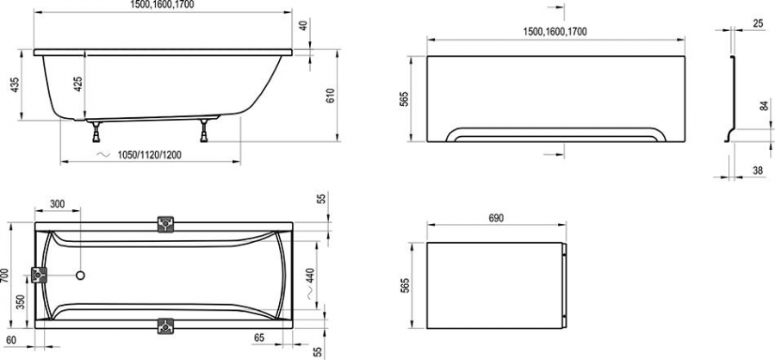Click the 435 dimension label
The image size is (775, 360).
pyautogui.click(x=15, y=84)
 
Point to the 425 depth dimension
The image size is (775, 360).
pyautogui.click(x=78, y=84)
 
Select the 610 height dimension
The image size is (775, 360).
pyautogui.click(x=331, y=96)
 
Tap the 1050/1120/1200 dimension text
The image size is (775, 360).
pyautogui.click(x=149, y=155)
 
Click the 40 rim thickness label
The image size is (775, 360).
pyautogui.click(x=303, y=25)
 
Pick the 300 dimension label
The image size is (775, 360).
pyautogui.click(x=58, y=204)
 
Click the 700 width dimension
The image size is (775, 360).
pyautogui.click(x=4, y=276)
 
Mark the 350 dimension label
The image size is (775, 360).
pyautogui.click(x=21, y=301)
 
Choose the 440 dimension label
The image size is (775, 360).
pyautogui.click(x=310, y=276)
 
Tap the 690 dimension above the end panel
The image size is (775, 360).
pyautogui.click(x=496, y=218)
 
